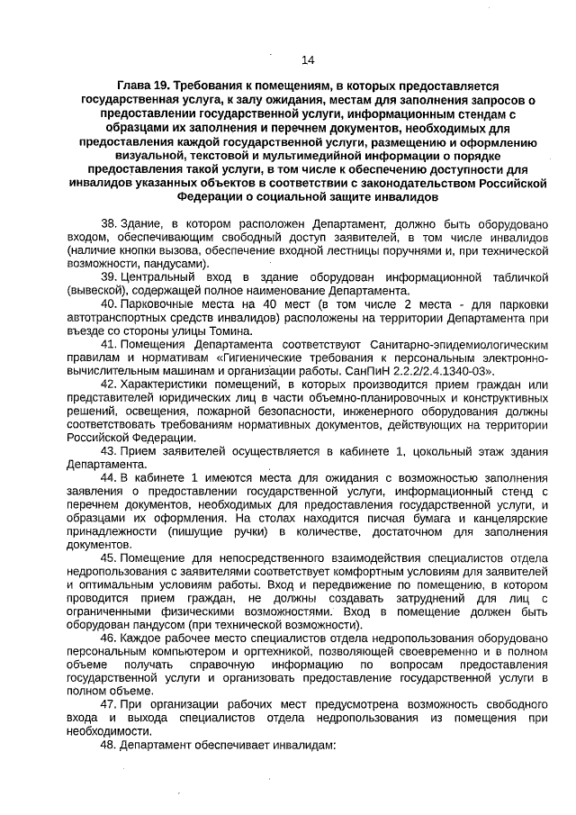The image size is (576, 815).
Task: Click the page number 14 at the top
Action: [x=308, y=60]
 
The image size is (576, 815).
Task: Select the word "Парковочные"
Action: [x=156, y=304]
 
